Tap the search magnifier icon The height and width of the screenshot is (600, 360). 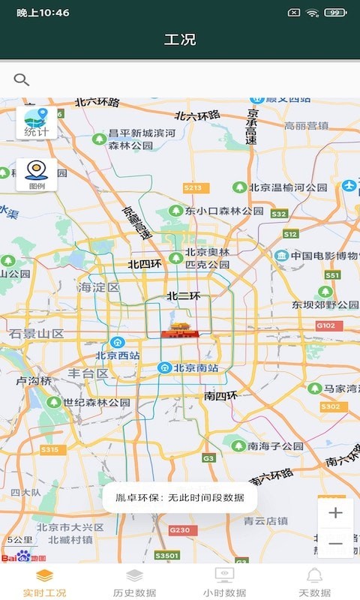tap(22, 79)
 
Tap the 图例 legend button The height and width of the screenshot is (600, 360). tap(37, 175)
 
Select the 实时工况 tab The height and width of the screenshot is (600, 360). tap(44, 583)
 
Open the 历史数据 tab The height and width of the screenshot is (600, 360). tap(134, 583)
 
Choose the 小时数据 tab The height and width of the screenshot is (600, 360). tap(224, 583)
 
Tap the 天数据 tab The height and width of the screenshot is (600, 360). tap(314, 583)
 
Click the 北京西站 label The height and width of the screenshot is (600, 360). tap(118, 355)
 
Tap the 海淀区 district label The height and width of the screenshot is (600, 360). tap(99, 287)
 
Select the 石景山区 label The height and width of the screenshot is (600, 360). tap(37, 333)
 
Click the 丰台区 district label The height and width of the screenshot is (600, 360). tap(88, 373)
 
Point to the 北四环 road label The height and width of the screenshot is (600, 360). tap(145, 264)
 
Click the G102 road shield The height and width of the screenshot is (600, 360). tap(325, 326)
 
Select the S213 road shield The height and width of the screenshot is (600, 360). tap(192, 188)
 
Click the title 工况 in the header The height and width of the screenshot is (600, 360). tap(180, 40)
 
